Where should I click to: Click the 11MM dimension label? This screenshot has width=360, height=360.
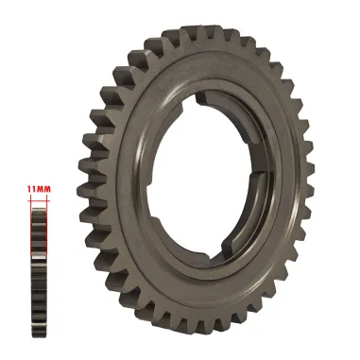tap(38, 189)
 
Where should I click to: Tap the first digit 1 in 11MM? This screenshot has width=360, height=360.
tap(30, 189)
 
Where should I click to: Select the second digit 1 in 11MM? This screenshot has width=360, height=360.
tap(34, 189)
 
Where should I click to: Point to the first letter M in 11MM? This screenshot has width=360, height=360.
tap(40, 189)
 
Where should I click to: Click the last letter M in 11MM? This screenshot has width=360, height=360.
tap(45, 189)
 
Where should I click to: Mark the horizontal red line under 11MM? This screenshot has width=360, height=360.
tap(38, 196)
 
